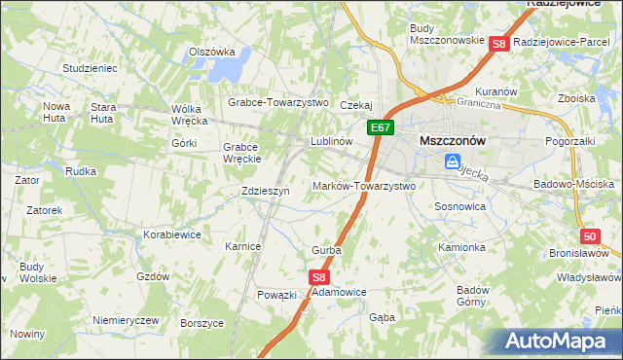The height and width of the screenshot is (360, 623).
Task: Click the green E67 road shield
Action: pyautogui.click(x=381, y=127)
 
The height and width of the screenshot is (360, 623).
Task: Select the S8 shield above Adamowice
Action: pyautogui.click(x=320, y=277)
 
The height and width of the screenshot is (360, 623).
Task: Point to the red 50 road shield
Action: pyautogui.click(x=590, y=236)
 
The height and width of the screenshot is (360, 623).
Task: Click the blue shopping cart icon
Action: pyautogui.click(x=453, y=162)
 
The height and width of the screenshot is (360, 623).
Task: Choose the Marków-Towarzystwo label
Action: pyautogui.click(x=364, y=186)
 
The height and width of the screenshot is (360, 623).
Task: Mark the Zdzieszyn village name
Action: pyautogui.click(x=266, y=192)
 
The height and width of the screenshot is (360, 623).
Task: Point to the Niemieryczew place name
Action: pyautogui.click(x=125, y=320)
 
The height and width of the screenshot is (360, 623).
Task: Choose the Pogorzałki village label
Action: pyautogui.click(x=570, y=142)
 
